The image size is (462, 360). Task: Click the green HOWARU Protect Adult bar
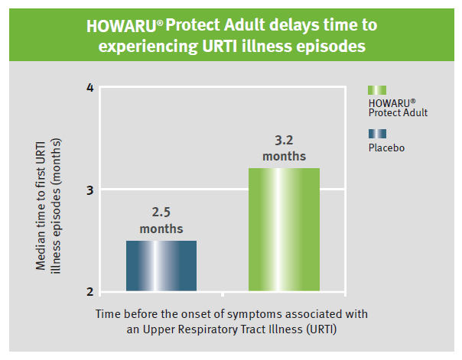click(284, 229)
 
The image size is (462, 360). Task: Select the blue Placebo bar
click(161, 265)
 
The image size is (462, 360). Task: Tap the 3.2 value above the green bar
click(284, 141)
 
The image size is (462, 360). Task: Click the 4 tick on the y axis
click(89, 88)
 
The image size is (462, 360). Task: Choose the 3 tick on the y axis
click(89, 190)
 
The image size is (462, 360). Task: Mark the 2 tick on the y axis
click(89, 291)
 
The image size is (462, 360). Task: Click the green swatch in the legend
click(377, 90)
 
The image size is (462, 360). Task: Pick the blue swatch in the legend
click(377, 134)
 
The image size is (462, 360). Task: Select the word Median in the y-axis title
click(41, 248)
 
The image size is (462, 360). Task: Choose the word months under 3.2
click(284, 157)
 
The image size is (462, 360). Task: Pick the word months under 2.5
click(161, 229)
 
